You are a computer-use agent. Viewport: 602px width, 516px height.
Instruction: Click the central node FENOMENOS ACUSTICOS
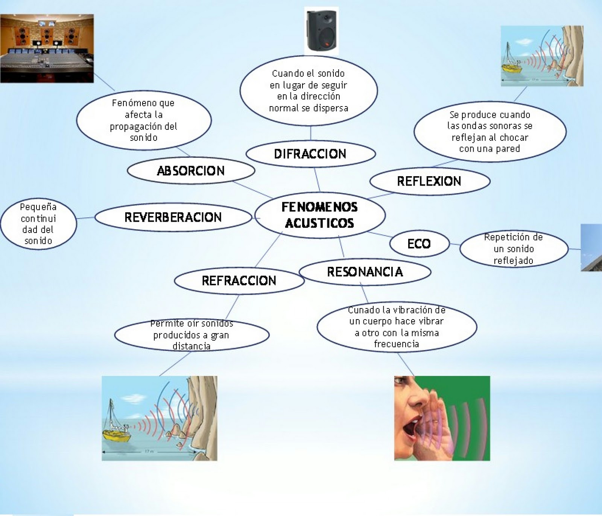(320, 215)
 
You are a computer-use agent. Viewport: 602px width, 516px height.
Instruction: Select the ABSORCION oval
(191, 171)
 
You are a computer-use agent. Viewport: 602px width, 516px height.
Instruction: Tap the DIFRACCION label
(310, 154)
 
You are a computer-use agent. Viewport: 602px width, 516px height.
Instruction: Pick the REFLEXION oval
(429, 181)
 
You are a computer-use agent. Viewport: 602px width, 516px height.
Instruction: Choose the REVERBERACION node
(173, 217)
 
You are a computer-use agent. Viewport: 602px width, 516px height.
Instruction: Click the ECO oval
(419, 244)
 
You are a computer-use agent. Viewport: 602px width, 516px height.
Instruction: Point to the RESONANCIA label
(365, 272)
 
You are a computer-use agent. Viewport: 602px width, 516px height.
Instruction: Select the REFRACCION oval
(239, 281)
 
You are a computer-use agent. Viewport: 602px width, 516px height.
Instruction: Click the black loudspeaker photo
(321, 31)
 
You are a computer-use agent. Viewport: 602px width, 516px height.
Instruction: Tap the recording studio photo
(47, 48)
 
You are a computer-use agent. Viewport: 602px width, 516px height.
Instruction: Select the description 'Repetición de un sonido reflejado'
(514, 249)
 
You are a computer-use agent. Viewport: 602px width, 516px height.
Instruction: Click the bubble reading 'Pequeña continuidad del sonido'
(38, 224)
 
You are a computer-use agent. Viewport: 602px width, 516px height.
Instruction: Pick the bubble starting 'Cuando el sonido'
(309, 91)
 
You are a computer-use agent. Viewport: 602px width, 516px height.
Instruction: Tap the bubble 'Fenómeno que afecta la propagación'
(143, 120)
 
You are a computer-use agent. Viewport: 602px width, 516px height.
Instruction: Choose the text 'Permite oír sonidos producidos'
(192, 335)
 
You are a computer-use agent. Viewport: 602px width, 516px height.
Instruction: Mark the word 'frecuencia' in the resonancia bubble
(397, 344)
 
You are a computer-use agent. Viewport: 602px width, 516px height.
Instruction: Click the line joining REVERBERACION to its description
(85, 218)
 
